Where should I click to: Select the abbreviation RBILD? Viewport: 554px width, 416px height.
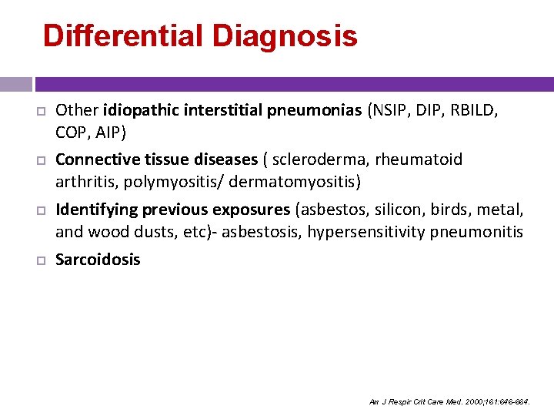[x=475, y=110]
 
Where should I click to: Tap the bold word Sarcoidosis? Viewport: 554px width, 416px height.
[x=98, y=260]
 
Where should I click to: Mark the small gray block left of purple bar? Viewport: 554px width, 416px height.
[x=15, y=84]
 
